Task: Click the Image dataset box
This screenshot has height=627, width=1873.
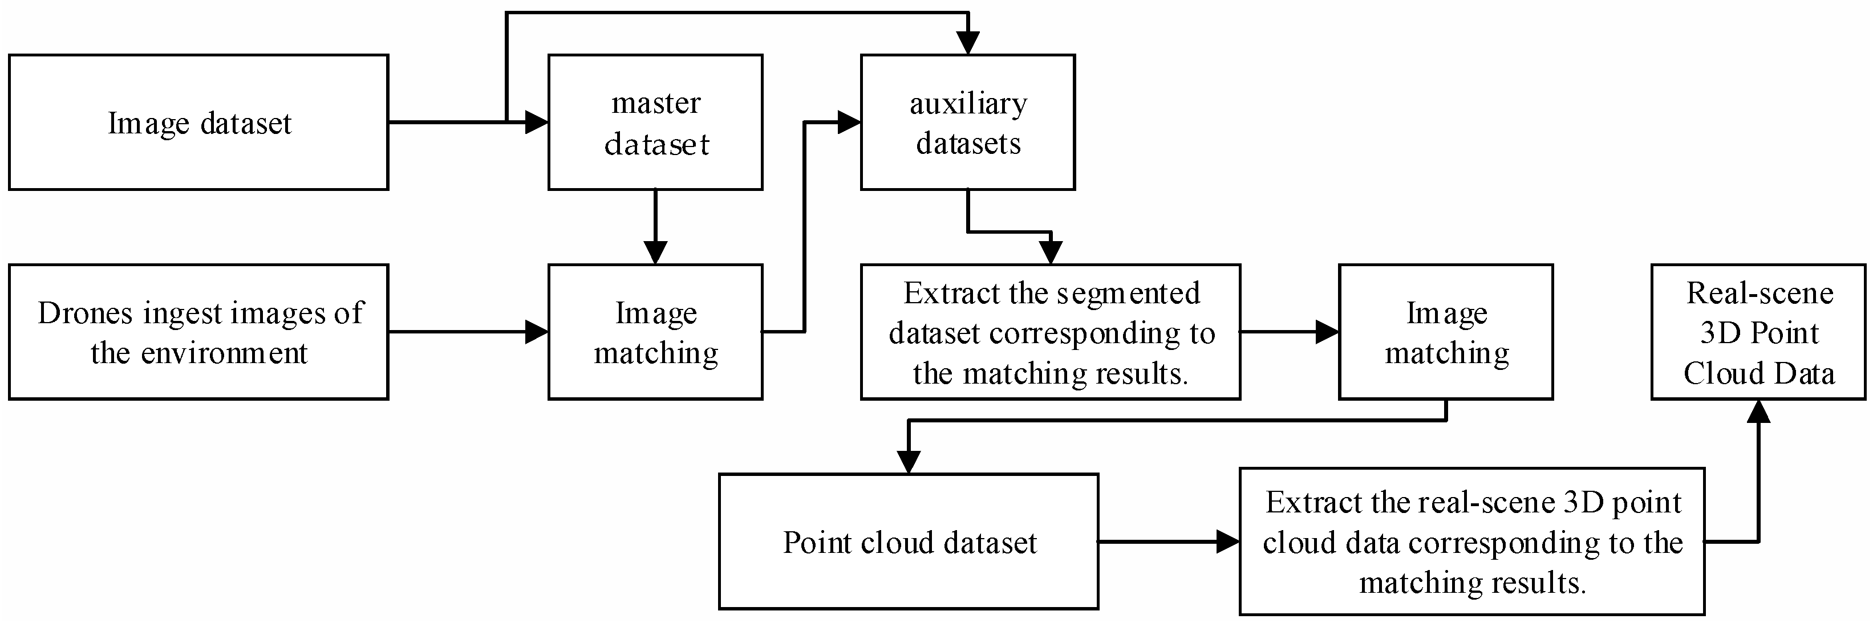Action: pos(198,122)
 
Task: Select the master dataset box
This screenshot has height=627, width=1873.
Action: pos(655,122)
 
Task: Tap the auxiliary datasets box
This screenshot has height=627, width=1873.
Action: pos(968,122)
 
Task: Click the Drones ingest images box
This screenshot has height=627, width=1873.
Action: pos(198,332)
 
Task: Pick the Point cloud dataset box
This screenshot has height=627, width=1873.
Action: pos(908,541)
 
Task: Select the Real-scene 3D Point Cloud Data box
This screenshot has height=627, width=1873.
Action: pos(1758,332)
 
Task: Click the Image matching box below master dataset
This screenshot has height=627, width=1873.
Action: pos(655,332)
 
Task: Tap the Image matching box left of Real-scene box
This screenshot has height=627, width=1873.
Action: pos(1445,332)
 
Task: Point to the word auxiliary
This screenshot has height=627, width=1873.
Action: pos(968,104)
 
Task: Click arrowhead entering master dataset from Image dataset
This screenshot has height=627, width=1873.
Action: pos(537,122)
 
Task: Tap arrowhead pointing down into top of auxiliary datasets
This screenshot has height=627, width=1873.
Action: pos(968,43)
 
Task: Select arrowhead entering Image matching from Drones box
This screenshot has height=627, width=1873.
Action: pos(537,332)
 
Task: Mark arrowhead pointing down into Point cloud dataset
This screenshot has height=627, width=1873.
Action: pos(908,462)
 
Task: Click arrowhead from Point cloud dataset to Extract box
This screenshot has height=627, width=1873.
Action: pos(1228,541)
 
